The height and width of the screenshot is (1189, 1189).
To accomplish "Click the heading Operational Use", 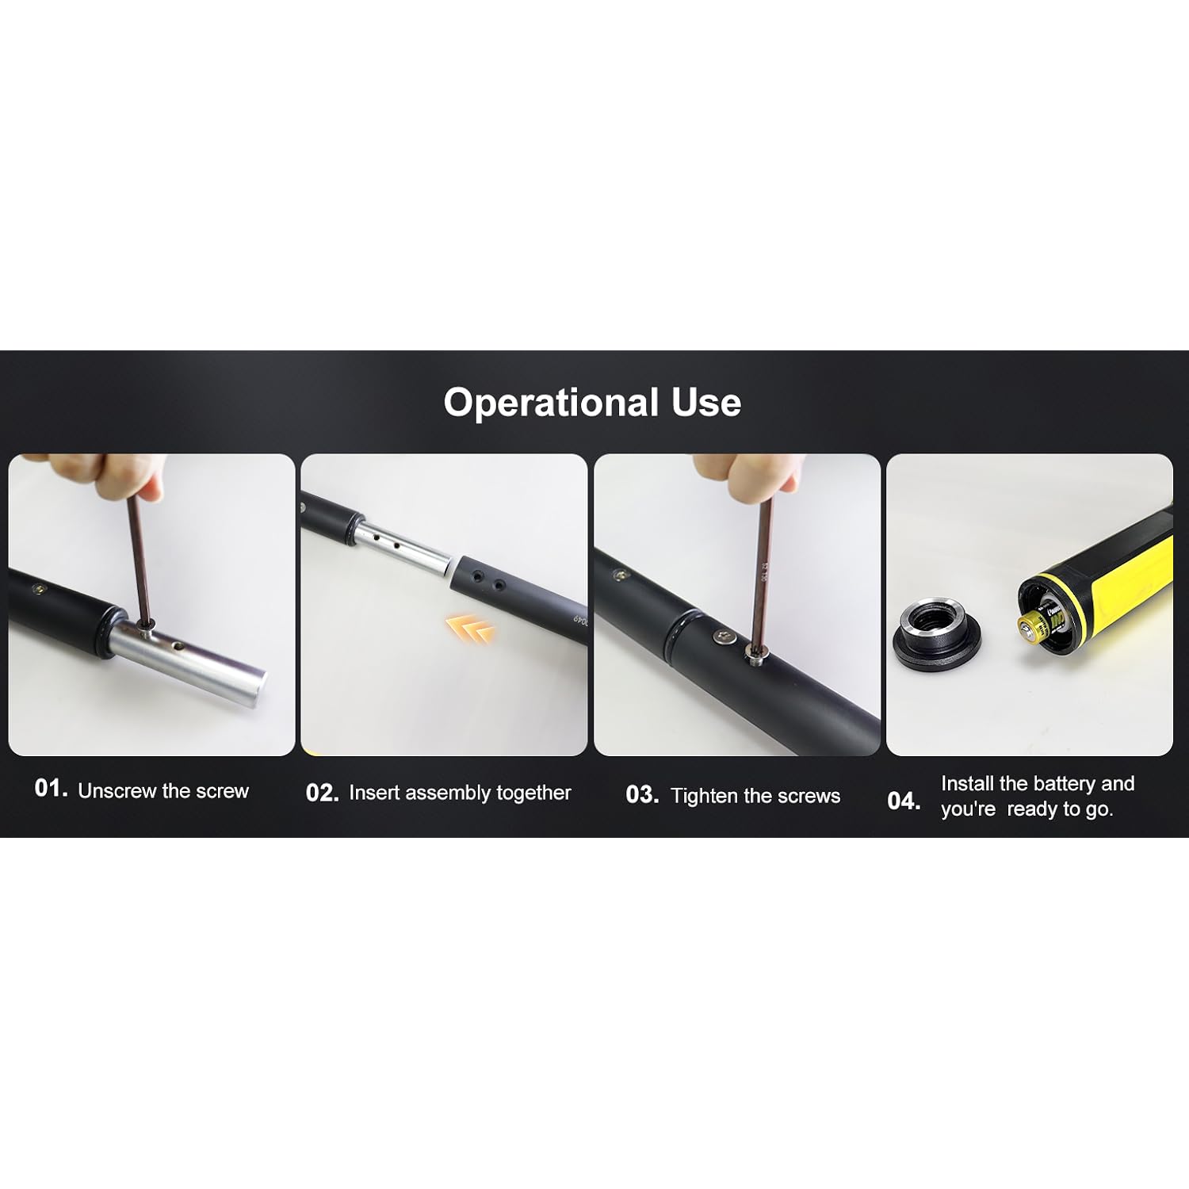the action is pos(592,403).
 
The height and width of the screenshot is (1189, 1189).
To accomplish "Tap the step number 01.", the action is pos(52,788).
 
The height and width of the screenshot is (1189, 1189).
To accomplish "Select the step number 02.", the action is pos(323,793).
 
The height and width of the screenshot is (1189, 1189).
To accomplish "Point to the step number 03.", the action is pos(642,795).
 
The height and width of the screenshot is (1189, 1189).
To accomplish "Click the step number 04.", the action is pos(904,801).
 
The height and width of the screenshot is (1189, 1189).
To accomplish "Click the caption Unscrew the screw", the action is pos(163,791).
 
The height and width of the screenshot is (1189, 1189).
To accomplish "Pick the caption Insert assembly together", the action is pos(460,793).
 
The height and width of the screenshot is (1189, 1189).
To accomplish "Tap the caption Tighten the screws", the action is pos(755,796).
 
